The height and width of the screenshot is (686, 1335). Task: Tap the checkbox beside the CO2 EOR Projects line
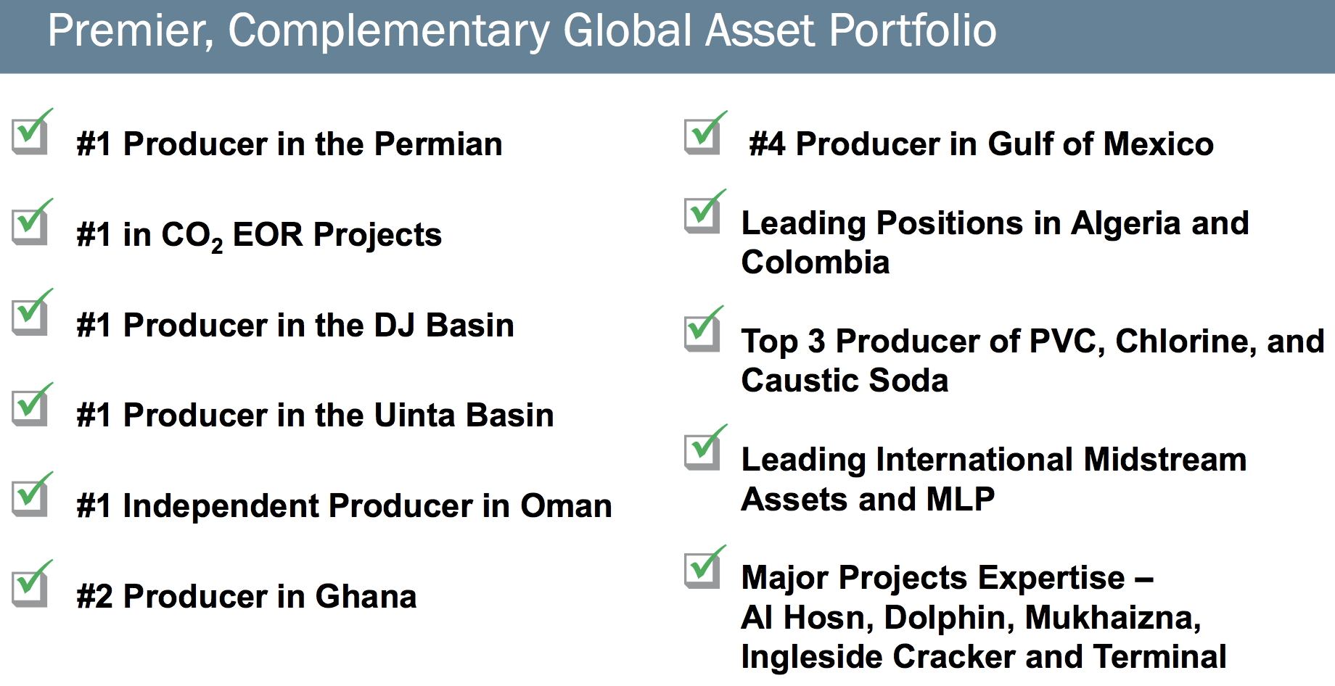tap(30, 223)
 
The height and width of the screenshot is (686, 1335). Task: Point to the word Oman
tap(566, 505)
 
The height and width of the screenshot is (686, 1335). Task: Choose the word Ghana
tap(366, 596)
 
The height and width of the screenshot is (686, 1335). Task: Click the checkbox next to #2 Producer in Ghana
tap(30, 584)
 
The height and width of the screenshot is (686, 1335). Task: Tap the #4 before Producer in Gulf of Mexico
tap(767, 144)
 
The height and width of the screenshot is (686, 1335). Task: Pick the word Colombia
tap(816, 262)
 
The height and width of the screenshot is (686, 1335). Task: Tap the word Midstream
tap(1165, 459)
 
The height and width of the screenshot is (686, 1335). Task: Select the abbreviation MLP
tap(961, 499)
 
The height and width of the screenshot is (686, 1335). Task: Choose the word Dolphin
tap(950, 618)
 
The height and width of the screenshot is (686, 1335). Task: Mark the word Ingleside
tap(812, 657)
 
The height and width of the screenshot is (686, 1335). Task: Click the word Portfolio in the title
tap(913, 30)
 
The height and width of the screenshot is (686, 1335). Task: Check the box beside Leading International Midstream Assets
tap(703, 448)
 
